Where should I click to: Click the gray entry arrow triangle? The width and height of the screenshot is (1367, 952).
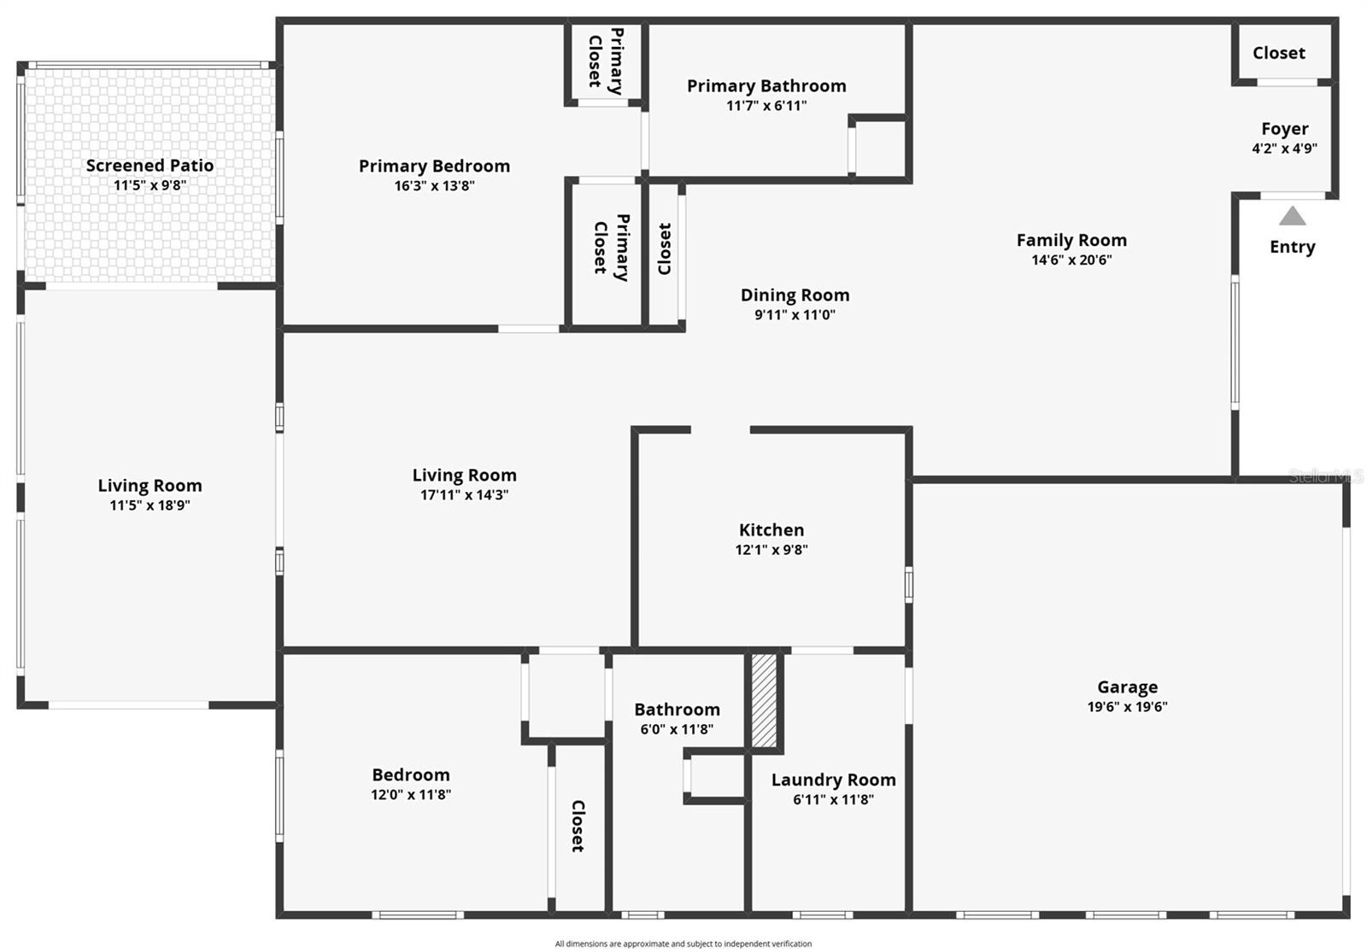(x=1292, y=216)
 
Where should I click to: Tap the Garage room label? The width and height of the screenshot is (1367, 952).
(x=1127, y=686)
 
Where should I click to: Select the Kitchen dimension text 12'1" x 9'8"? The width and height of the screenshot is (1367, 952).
(x=772, y=550)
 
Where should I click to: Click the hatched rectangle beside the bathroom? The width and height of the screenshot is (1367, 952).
(x=764, y=700)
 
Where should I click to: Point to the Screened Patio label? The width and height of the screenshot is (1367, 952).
(x=150, y=166)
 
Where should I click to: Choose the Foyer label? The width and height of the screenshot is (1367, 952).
(x=1284, y=129)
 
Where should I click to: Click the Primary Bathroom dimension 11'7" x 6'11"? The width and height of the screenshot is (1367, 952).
(x=766, y=106)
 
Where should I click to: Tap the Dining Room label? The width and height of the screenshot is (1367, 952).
(x=795, y=295)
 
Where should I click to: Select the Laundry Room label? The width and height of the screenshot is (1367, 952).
(x=833, y=780)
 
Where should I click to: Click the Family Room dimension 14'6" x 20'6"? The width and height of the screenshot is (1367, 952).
(x=1071, y=260)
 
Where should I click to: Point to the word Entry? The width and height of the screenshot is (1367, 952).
(x=1292, y=247)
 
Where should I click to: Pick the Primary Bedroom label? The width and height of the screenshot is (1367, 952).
(x=434, y=166)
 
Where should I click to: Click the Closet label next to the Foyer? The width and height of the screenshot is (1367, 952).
(x=1278, y=53)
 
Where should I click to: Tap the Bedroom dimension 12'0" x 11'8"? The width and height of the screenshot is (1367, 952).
(x=410, y=795)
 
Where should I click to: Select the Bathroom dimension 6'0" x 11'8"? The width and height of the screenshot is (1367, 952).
(x=677, y=729)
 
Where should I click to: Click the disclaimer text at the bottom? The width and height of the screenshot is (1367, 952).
(x=683, y=943)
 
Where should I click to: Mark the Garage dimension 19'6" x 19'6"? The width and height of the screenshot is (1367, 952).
(x=1127, y=707)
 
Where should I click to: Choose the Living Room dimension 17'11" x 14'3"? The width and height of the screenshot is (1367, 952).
(x=464, y=495)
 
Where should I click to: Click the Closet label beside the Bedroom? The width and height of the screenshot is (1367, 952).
(x=578, y=826)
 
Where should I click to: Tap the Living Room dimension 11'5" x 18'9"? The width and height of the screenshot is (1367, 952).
(x=150, y=505)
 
